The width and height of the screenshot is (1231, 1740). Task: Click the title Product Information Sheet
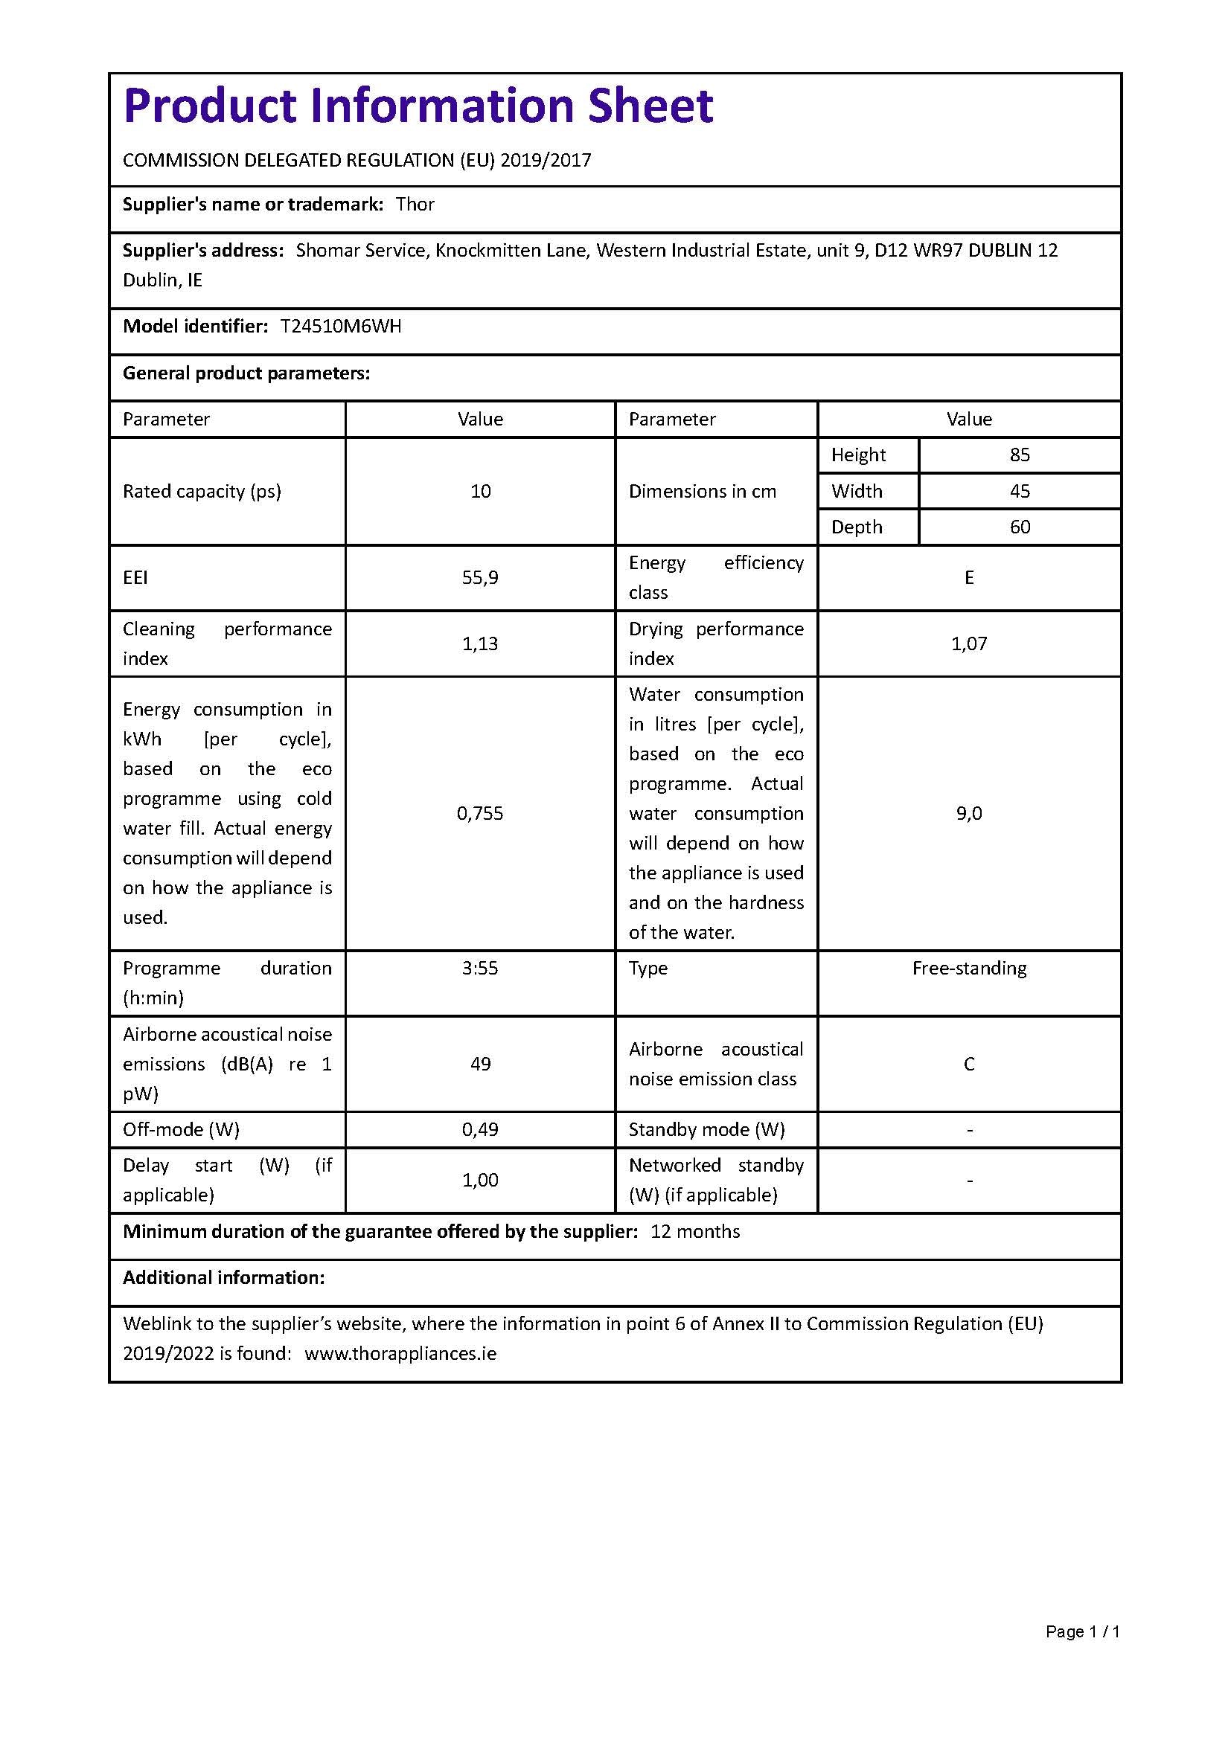[x=418, y=106]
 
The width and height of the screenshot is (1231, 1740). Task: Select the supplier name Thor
[x=415, y=205]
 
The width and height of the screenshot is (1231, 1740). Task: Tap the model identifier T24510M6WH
[x=340, y=327]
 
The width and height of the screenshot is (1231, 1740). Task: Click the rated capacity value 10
[x=480, y=491]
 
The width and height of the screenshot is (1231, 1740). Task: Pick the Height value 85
[x=1020, y=455]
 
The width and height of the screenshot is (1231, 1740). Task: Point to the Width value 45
[x=1020, y=491]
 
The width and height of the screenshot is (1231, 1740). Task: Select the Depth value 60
[x=1020, y=527]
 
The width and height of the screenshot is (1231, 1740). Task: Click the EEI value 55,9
[x=480, y=577]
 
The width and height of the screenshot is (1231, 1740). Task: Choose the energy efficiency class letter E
[x=969, y=577]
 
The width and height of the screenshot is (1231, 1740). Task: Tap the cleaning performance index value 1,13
[x=480, y=643]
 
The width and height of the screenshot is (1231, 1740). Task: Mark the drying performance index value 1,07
[x=969, y=643]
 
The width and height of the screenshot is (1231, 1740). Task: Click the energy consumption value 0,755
[x=480, y=813]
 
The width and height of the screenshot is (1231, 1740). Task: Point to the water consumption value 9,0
[x=969, y=813]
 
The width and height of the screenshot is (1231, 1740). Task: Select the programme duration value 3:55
[x=480, y=969]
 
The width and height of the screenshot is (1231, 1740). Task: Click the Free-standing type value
[x=969, y=969]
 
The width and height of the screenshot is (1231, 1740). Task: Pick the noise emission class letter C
[x=969, y=1064]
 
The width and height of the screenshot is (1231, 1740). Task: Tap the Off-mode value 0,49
[x=480, y=1129]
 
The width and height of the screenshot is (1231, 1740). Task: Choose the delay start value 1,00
[x=480, y=1180]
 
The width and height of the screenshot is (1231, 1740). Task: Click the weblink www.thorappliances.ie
[x=400, y=1353]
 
